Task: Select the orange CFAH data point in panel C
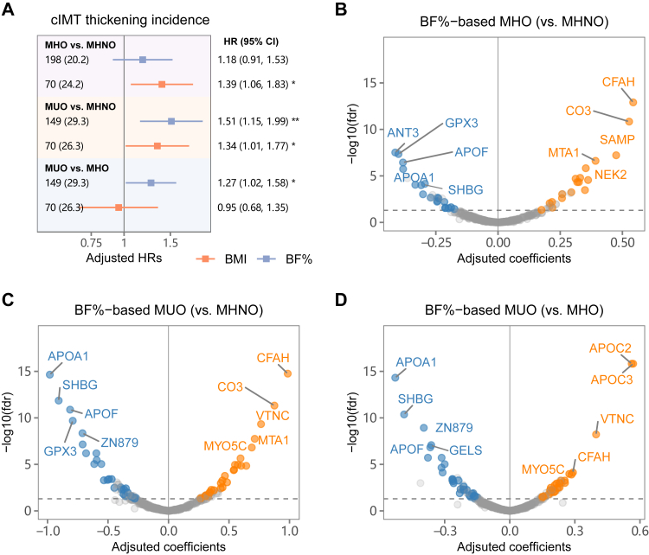[287, 373]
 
